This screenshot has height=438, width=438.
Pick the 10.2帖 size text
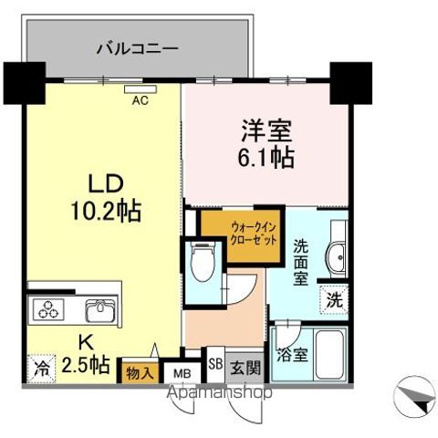[x=102, y=213]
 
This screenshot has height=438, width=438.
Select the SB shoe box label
[x=214, y=363]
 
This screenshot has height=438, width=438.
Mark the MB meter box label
[x=182, y=373]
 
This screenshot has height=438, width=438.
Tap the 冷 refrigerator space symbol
[x=40, y=370]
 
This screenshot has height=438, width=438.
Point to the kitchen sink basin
[x=99, y=312]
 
